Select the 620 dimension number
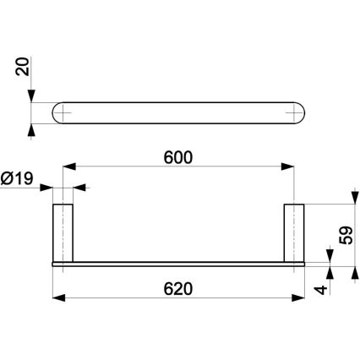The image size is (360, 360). click(179, 287)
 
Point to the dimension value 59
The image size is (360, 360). click(345, 234)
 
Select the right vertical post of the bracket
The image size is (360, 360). click(294, 232)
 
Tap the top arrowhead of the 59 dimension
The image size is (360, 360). click(352, 207)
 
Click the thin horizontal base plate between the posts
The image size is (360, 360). click(179, 263)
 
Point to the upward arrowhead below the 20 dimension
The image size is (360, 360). click(31, 129)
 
